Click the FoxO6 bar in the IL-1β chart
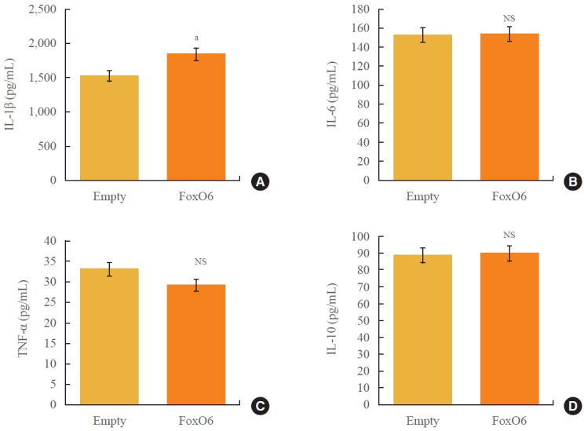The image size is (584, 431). click(x=196, y=117)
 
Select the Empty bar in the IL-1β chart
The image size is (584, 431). click(x=109, y=128)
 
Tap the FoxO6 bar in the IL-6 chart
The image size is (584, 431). click(x=509, y=107)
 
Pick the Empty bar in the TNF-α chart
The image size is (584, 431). click(x=109, y=336)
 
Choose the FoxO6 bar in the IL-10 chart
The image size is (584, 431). click(x=509, y=329)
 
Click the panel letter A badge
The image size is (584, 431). click(x=260, y=181)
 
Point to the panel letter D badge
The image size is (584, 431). click(x=573, y=406)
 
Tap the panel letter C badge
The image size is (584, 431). click(x=260, y=406)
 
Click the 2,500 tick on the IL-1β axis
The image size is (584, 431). click(x=42, y=9)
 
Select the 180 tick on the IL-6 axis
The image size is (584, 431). click(x=360, y=9)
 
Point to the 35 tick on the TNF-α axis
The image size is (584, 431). click(x=50, y=261)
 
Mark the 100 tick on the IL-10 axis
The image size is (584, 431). click(x=360, y=236)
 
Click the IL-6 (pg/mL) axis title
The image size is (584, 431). click(x=332, y=95)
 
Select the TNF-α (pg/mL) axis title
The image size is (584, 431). click(x=23, y=319)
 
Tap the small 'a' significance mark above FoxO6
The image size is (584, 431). click(x=196, y=38)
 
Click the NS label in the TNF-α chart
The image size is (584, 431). click(x=200, y=261)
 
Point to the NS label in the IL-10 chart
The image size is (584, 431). click(x=509, y=235)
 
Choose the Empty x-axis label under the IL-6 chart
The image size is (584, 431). click(x=423, y=197)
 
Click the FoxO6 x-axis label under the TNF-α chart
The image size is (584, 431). click(x=196, y=421)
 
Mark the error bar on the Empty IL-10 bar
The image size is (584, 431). click(x=423, y=256)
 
